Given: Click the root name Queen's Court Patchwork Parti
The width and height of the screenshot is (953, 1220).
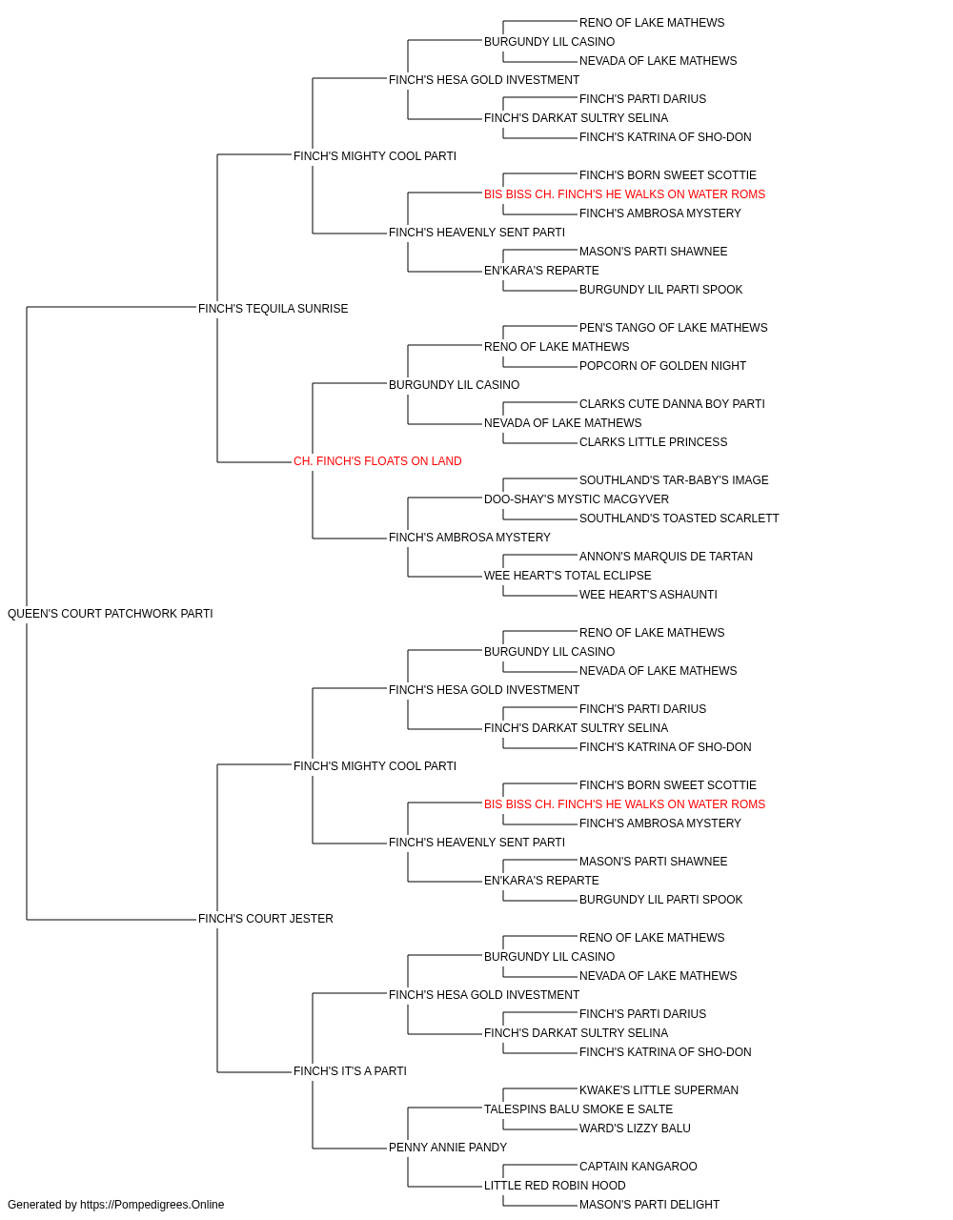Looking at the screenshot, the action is (x=110, y=614).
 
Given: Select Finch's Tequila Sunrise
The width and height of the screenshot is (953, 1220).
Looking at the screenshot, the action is (x=273, y=309).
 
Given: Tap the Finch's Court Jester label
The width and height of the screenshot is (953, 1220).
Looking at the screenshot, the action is (x=266, y=919).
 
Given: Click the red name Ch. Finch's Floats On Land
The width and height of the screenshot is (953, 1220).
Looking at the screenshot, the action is (x=377, y=461).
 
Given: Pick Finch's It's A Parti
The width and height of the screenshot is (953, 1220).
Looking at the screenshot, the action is (x=350, y=1071).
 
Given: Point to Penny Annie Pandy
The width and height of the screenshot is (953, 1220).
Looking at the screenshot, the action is (x=447, y=1148).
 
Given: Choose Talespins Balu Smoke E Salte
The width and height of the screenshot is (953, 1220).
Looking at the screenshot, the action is (x=578, y=1109).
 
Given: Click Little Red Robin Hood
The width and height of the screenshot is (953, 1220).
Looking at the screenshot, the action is (x=555, y=1186).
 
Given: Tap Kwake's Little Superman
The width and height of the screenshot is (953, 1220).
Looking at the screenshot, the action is (x=659, y=1090).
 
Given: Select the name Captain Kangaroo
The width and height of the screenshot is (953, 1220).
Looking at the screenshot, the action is (x=638, y=1167).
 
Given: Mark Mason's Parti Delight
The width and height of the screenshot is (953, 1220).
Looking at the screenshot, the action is (x=649, y=1205).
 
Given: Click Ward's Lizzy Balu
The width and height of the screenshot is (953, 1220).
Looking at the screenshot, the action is (x=634, y=1128).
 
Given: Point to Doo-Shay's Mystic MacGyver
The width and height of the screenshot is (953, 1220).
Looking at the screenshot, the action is (x=577, y=499).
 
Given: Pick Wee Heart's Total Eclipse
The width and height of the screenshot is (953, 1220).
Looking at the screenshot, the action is (x=567, y=576).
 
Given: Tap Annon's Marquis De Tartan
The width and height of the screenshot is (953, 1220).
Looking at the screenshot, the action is (x=665, y=557).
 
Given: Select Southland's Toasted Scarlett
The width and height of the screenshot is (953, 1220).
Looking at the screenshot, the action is (x=679, y=518).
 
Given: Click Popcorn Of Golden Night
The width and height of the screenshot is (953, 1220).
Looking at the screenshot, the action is (x=662, y=366).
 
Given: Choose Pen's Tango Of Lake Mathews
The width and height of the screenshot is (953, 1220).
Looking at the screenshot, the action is (x=673, y=328).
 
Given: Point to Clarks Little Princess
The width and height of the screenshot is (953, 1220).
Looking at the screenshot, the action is (x=653, y=442).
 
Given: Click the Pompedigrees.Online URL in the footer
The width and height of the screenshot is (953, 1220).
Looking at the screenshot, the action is (x=152, y=1205).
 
